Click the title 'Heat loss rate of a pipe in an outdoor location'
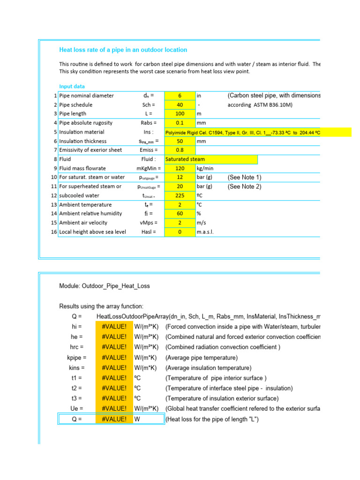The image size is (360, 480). click(x=123, y=50)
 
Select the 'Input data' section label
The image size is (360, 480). click(x=72, y=86)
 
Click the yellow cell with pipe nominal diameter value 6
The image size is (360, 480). click(x=180, y=96)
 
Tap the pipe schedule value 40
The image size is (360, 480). click(x=180, y=105)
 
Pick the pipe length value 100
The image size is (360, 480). click(x=180, y=114)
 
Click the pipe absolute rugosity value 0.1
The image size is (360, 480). click(x=180, y=123)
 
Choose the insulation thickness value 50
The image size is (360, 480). click(x=180, y=141)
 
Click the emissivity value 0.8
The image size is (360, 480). click(x=180, y=150)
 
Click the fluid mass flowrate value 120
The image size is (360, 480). click(x=180, y=168)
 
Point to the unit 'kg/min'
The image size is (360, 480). click(x=205, y=168)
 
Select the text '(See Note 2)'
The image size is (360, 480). click(x=244, y=187)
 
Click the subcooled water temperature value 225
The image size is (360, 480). click(x=180, y=195)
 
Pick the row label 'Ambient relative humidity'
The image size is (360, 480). click(x=91, y=213)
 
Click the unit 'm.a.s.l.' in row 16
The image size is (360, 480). click(x=205, y=232)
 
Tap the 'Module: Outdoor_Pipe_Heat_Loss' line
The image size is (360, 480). click(x=105, y=286)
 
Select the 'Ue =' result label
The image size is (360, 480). click(x=76, y=409)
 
